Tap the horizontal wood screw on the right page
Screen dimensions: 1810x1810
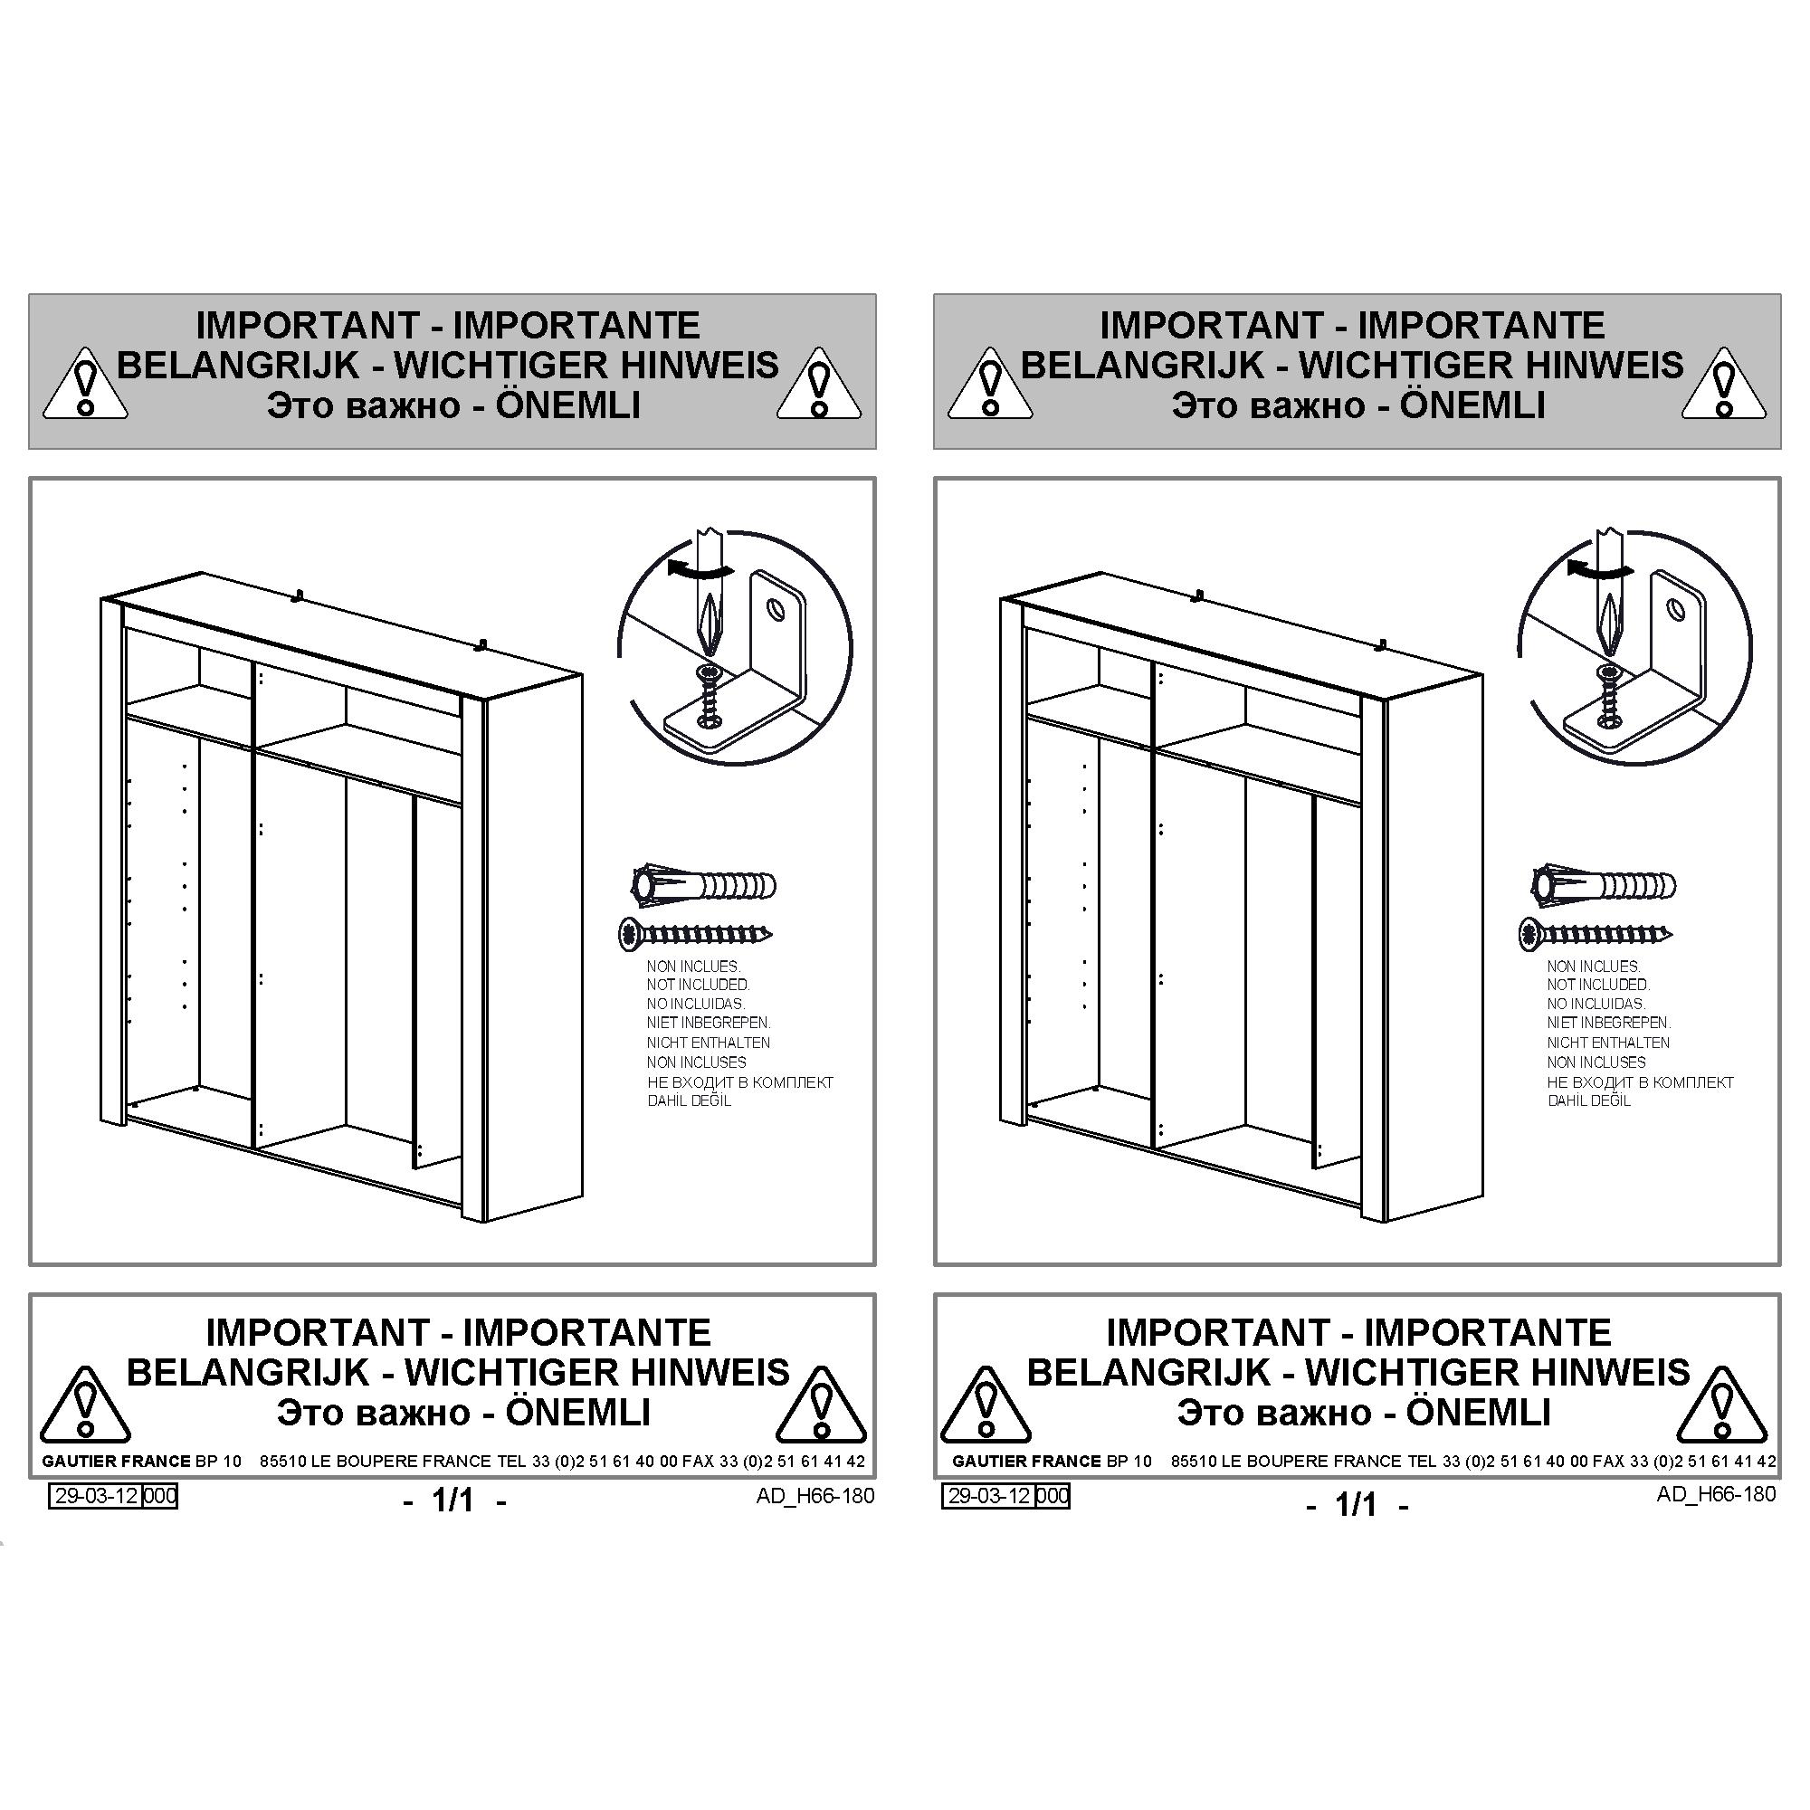[x=1596, y=933]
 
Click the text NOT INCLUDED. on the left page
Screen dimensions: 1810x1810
[x=698, y=985]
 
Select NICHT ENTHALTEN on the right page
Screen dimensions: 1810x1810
[x=1608, y=1043]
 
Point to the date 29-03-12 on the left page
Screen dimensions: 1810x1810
[x=96, y=1495]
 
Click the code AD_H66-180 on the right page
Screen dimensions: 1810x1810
[x=1715, y=1493]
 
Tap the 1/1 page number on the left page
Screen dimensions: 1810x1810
[x=452, y=1500]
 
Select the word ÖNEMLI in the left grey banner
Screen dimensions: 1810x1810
[x=567, y=405]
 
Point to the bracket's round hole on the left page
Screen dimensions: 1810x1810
[x=777, y=611]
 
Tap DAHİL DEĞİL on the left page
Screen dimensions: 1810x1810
[x=689, y=1100]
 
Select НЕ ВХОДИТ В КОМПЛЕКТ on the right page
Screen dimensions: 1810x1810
[x=1641, y=1082]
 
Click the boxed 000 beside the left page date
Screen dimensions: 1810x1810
[x=159, y=1495]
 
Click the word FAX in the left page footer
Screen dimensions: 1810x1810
[x=698, y=1461]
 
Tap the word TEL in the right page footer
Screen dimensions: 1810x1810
[x=1423, y=1461]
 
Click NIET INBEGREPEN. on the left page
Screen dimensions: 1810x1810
[x=709, y=1023]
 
